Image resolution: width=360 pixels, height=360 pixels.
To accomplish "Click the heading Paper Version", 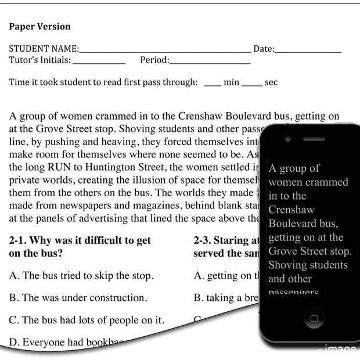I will coord(39,27).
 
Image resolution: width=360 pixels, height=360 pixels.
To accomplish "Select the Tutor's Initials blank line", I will coord(99,62).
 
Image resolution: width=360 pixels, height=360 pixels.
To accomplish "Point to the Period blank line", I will coord(210,62).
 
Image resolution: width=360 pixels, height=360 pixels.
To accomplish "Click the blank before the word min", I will coord(213,84).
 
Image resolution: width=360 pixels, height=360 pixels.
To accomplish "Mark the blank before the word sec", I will coord(251,84).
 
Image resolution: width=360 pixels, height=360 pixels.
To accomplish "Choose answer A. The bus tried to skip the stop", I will coord(81,276).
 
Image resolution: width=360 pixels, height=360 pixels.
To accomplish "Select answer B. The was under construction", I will coord(78,298).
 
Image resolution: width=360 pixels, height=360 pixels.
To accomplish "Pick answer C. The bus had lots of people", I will coord(87,320).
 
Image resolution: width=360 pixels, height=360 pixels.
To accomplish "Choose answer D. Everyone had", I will coord(64,342).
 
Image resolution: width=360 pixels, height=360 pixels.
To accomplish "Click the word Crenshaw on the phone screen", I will coord(291,210).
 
